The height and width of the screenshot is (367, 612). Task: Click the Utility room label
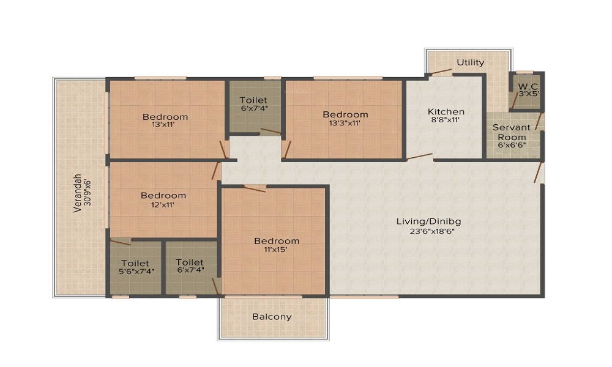[x=471, y=62]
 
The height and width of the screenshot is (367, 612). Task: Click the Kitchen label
[x=446, y=111]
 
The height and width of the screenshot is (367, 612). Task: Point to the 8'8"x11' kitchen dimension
[x=446, y=120]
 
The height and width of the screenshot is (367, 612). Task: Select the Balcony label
[x=272, y=317]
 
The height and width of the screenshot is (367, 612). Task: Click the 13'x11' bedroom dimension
[x=165, y=125]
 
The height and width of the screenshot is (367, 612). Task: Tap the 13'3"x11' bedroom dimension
[x=345, y=123]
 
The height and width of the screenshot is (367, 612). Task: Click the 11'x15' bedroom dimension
[x=277, y=250]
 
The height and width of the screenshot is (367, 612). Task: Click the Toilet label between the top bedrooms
[x=253, y=100]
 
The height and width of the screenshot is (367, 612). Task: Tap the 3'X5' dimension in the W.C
[x=529, y=94]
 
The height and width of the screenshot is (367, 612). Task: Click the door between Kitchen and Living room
[x=420, y=157]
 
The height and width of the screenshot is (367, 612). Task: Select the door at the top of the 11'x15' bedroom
[x=254, y=188]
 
